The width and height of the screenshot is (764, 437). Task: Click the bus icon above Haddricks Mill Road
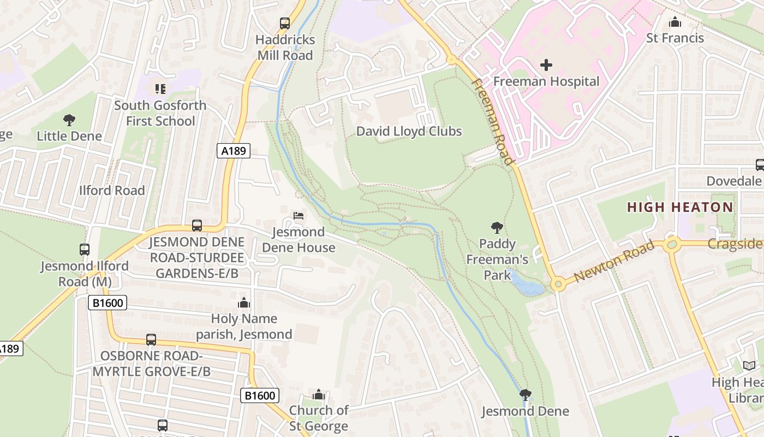coord(285,23)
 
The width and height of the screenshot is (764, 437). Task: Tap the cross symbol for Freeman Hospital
coord(546,65)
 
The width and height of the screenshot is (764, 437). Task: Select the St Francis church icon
coord(675,22)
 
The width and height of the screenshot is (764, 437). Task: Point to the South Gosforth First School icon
coord(160,88)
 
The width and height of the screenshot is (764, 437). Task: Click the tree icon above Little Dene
coord(69,120)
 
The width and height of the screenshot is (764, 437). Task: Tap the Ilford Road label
coord(112,191)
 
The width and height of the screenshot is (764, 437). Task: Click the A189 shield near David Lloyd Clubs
coord(234,151)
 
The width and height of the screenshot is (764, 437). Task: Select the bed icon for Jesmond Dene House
coord(299,215)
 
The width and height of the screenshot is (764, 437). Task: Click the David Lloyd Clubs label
coord(409,132)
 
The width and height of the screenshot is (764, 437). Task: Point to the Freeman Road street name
coord(492,121)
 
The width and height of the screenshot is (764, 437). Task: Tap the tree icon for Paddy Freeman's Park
coord(497,227)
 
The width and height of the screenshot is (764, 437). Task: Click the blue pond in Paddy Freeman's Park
coord(526,285)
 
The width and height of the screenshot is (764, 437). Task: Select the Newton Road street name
coord(614,262)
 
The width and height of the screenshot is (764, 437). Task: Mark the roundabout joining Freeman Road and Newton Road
coord(557,284)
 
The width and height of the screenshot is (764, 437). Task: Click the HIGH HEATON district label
coord(679,208)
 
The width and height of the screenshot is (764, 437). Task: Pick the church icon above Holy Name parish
coord(244,303)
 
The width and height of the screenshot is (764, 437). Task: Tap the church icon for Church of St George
coord(319,394)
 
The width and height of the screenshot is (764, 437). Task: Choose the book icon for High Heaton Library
coord(749,366)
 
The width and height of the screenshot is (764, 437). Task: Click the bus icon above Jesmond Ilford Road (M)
coord(85,250)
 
